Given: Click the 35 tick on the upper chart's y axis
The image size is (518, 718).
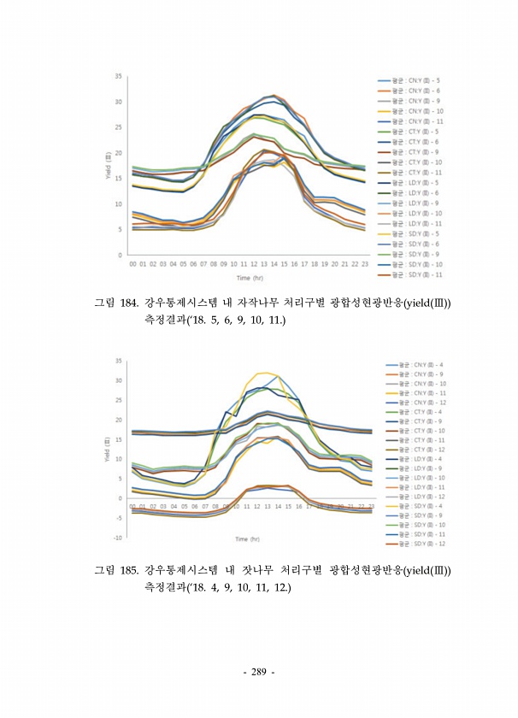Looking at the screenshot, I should [x=119, y=77].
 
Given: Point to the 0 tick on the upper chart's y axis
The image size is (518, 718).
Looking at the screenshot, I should [x=121, y=255].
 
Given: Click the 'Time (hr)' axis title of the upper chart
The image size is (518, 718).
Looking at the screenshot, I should [x=249, y=278].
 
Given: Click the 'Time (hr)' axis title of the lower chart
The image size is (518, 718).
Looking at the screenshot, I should [x=249, y=539].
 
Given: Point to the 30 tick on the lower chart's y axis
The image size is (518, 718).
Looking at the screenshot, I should [x=118, y=380].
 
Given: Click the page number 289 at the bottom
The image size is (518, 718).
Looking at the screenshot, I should [x=259, y=673].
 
